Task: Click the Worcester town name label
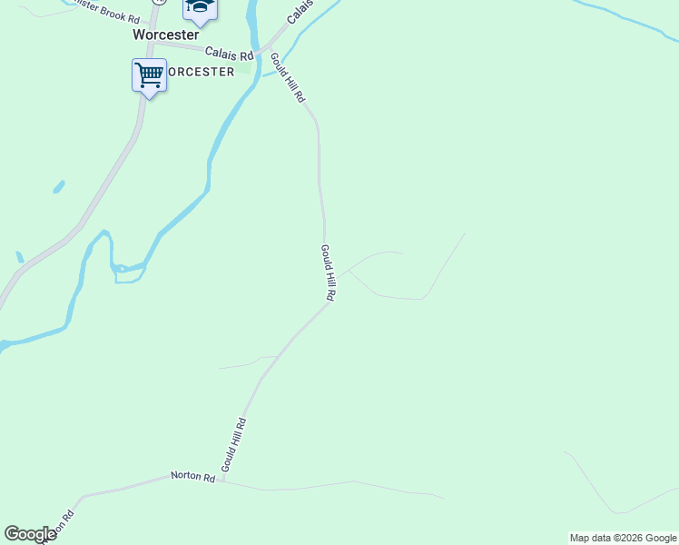(165, 35)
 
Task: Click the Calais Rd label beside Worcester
(229, 54)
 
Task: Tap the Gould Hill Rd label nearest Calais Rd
(287, 77)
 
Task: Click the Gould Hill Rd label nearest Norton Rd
(233, 444)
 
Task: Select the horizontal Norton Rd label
(192, 477)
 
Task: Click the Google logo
(30, 534)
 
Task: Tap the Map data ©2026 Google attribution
(623, 538)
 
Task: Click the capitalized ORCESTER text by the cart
(202, 72)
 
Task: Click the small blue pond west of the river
(59, 187)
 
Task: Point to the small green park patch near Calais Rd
(245, 67)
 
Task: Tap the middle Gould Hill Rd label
(329, 273)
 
